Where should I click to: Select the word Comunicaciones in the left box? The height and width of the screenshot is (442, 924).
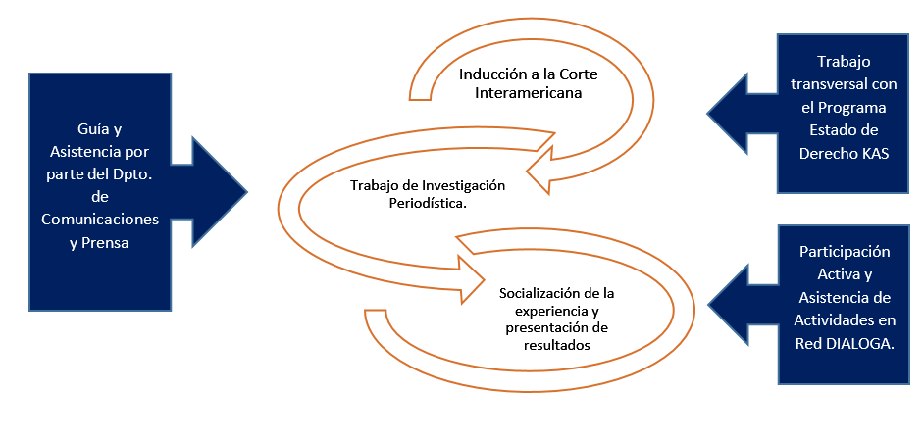click(100, 220)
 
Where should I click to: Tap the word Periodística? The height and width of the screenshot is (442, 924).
click(432, 204)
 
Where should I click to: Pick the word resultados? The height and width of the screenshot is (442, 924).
click(557, 346)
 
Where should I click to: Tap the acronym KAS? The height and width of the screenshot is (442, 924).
click(876, 153)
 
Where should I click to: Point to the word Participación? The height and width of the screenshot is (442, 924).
click(845, 251)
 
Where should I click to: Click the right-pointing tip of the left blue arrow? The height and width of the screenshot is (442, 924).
click(247, 191)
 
